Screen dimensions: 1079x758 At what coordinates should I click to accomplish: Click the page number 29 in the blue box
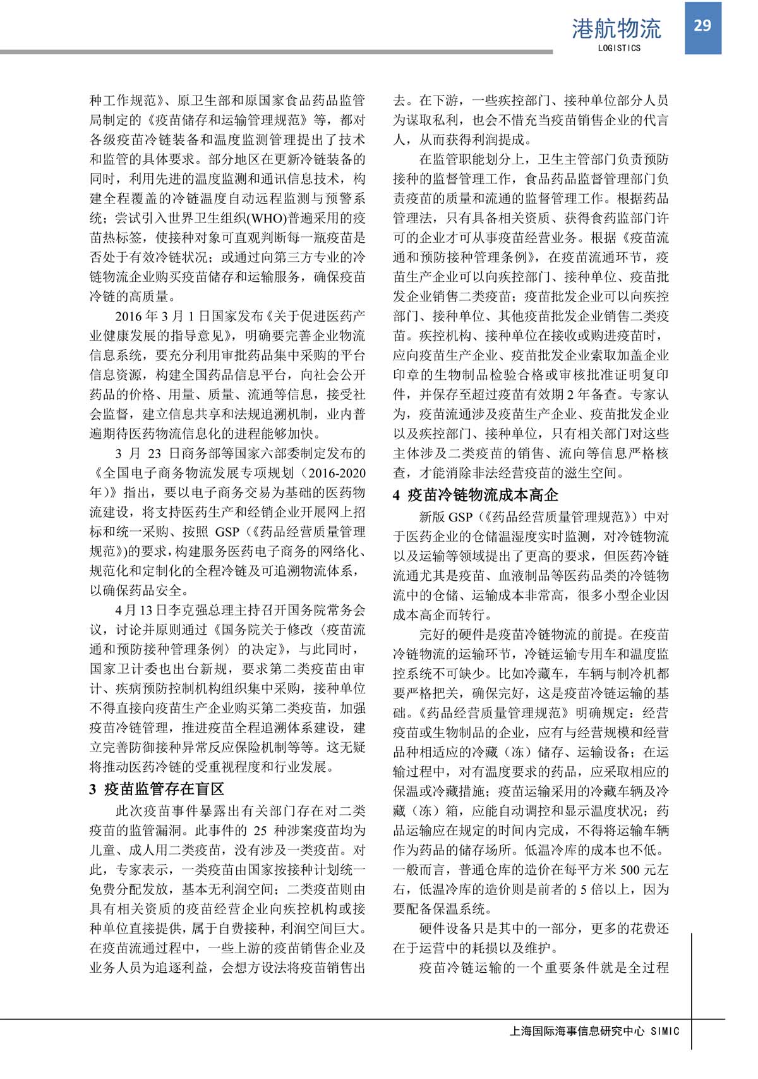click(x=702, y=25)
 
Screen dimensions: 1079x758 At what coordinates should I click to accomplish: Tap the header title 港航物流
click(x=616, y=28)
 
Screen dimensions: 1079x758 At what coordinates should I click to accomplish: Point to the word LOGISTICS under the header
click(x=618, y=48)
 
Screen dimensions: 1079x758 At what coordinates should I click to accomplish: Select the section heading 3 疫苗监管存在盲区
click(x=157, y=789)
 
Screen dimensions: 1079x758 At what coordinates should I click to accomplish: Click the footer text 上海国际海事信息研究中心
click(x=576, y=1031)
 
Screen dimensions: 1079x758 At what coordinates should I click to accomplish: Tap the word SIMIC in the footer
click(x=665, y=1031)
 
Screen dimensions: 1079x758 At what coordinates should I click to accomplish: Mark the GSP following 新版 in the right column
click(x=460, y=517)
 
